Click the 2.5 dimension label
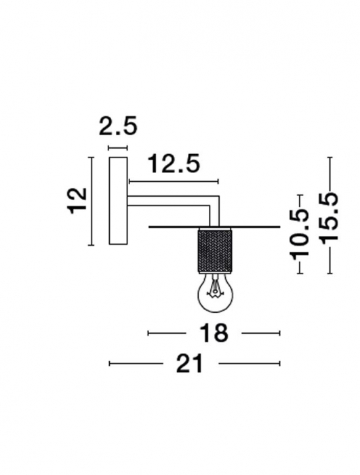[117, 126]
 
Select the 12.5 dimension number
[174, 164]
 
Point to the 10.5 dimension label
[299, 227]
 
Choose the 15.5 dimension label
[329, 218]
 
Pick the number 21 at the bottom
[190, 364]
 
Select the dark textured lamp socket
[214, 250]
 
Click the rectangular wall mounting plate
[117, 201]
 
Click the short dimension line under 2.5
[117, 147]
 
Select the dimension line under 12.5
[174, 182]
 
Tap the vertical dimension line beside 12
[90, 201]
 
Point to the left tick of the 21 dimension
[109, 364]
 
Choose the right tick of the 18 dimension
[279, 333]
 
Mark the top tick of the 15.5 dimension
[329, 158]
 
